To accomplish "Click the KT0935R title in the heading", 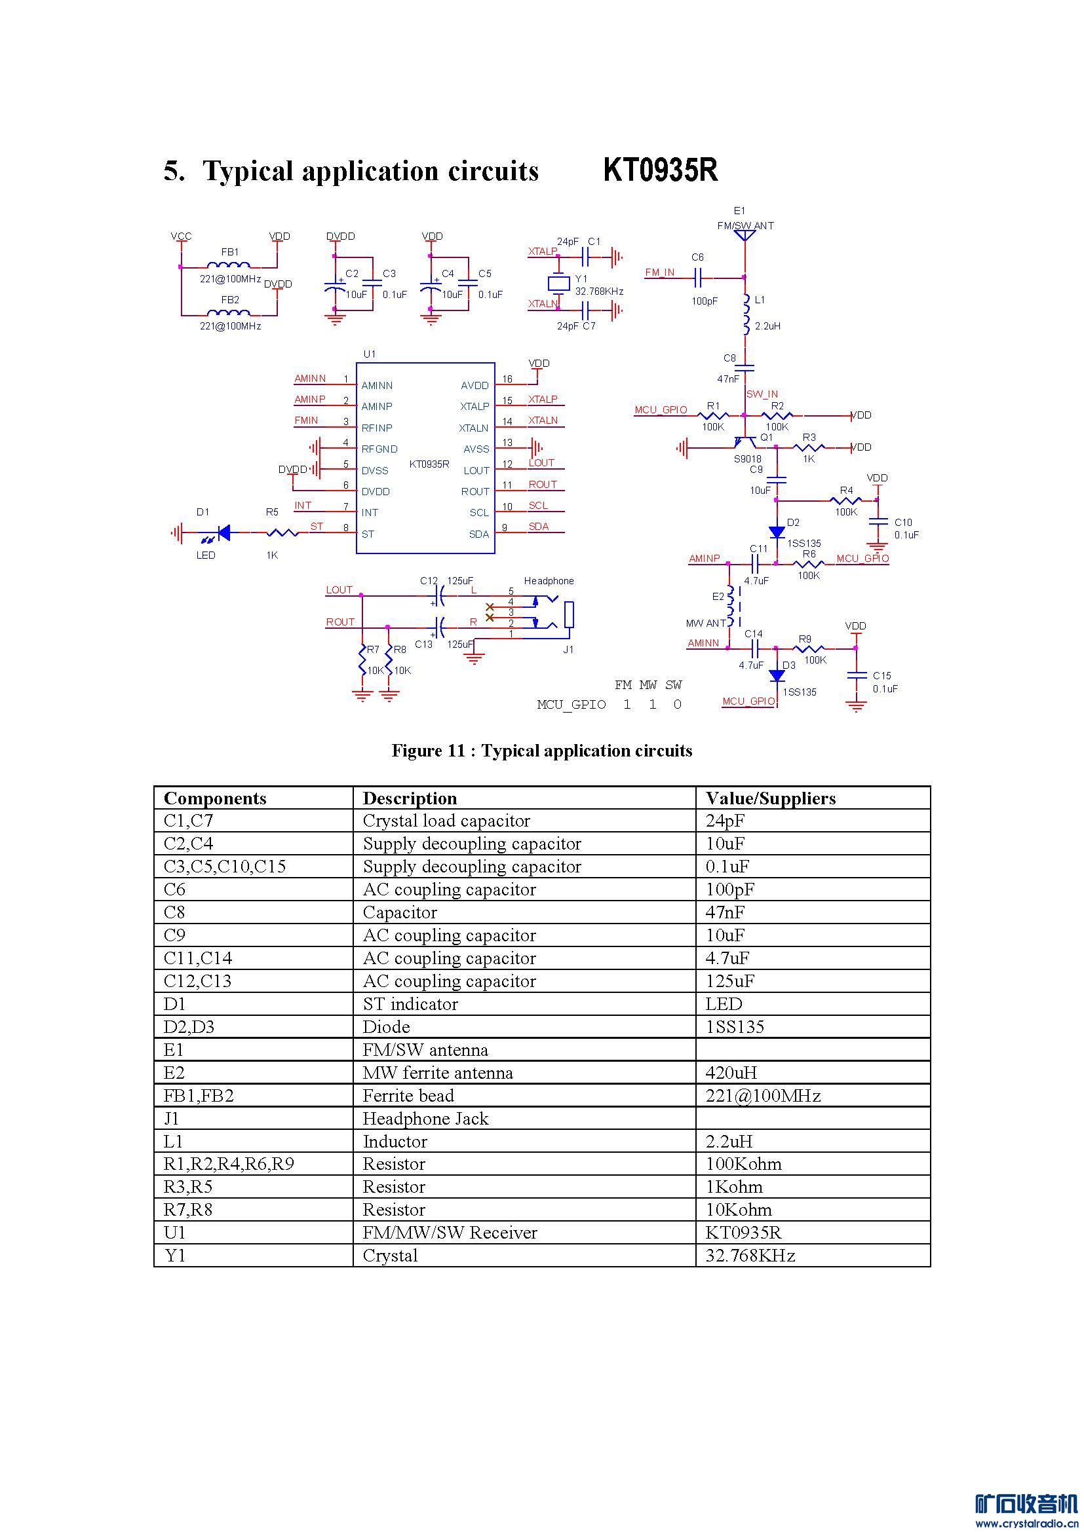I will point(660,170).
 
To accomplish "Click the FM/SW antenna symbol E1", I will point(745,234).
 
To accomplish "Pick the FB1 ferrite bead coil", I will point(229,264).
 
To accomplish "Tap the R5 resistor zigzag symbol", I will point(282,532).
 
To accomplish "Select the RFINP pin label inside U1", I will point(376,428).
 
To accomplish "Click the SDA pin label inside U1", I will point(478,534).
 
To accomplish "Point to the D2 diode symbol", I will point(776,532).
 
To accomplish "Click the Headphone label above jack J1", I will point(549,580).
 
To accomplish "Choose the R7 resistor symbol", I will point(362,660).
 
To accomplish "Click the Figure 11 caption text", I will point(541,751).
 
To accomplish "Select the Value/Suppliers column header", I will point(770,798).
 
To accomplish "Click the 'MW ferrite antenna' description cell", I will point(437,1072).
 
